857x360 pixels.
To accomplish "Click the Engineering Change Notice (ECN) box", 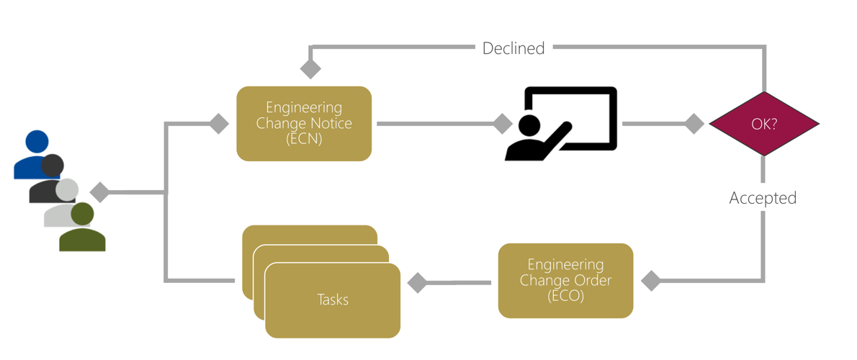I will coord(304,123).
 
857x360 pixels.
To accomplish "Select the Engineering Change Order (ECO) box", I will coord(565,280).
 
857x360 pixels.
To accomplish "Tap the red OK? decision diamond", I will coord(764,124).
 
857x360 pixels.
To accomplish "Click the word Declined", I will coord(513,48).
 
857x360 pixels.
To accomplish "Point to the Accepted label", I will coord(763,198).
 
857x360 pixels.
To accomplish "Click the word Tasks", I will coord(333,299).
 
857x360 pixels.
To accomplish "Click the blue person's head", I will coord(37,142).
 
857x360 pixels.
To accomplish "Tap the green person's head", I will coord(83,214).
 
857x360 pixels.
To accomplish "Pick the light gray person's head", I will coord(68,190).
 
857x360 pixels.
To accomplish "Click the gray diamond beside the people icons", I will coord(99,192).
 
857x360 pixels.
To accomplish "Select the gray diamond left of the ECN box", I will coord(219,123).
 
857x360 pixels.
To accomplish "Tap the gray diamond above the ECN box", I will coord(310,68).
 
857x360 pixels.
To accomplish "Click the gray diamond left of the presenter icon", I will coord(502,123).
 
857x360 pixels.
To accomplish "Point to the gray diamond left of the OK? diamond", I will coord(694,124).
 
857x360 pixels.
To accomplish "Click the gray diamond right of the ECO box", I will coord(651,280).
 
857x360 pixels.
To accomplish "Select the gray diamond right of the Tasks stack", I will coord(417,282).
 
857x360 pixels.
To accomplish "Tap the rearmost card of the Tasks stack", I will coord(310,235).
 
